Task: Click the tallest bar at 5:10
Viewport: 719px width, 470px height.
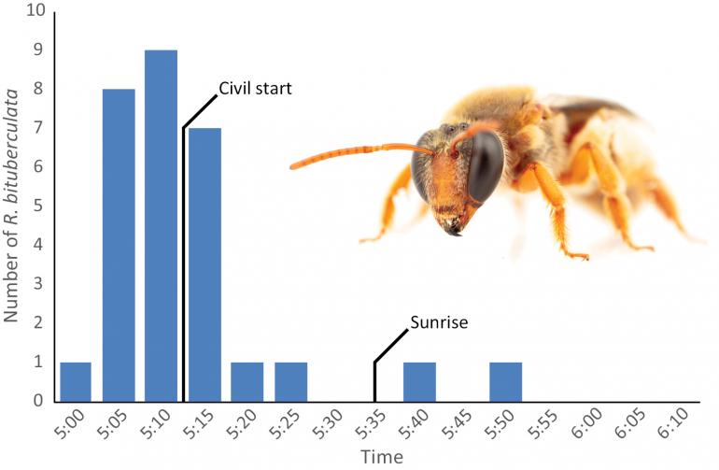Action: (161, 224)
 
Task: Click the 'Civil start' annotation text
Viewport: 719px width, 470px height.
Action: (255, 89)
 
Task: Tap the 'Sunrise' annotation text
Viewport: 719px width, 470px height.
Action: (438, 323)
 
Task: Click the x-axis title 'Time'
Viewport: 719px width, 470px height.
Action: (384, 457)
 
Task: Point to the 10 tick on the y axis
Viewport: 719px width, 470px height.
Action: (35, 12)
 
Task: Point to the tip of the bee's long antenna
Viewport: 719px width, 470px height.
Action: (292, 167)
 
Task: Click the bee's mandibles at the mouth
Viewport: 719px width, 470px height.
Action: (455, 227)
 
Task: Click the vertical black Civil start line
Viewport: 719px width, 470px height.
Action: (183, 280)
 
